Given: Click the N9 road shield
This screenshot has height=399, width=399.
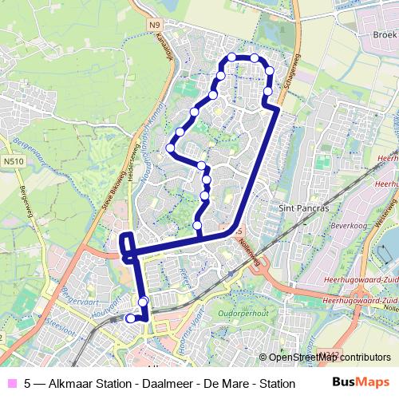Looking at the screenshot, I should click(x=154, y=26).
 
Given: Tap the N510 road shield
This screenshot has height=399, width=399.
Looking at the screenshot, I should click(x=11, y=161).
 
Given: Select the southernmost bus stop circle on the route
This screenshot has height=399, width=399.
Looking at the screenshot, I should click(x=131, y=318).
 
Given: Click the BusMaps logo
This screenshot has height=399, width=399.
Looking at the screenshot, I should click(x=362, y=382).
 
